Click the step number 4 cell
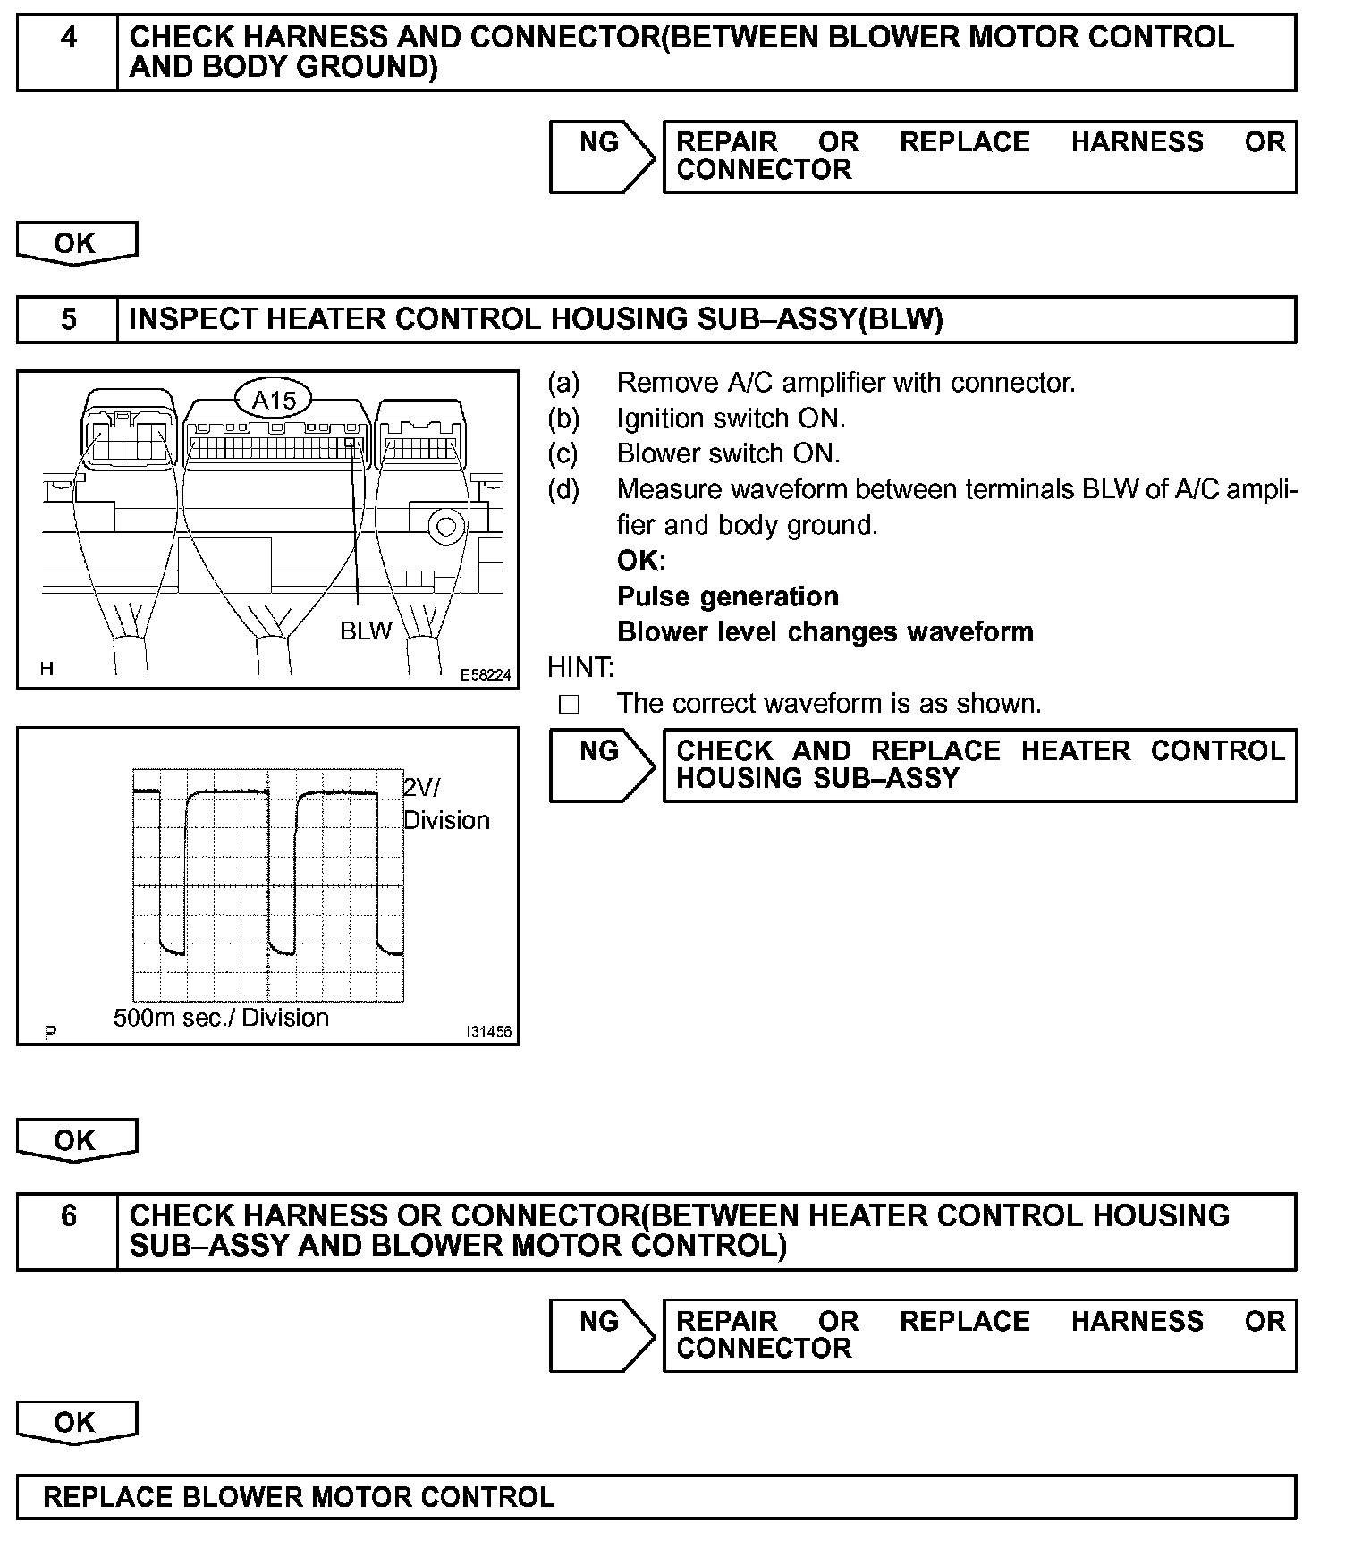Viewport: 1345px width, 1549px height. pyautogui.click(x=68, y=52)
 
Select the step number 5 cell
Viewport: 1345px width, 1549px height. pyautogui.click(x=68, y=319)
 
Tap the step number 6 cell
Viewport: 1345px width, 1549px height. pyautogui.click(x=68, y=1231)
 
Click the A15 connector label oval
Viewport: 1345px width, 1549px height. pyautogui.click(x=274, y=399)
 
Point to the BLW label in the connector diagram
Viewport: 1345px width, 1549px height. pyautogui.click(x=366, y=631)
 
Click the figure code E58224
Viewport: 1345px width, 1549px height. pyautogui.click(x=486, y=675)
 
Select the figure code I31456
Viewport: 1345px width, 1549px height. pyautogui.click(x=487, y=1032)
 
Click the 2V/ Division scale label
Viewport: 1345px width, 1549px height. pyautogui.click(x=445, y=803)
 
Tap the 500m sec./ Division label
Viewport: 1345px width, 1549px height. pyautogui.click(x=221, y=1018)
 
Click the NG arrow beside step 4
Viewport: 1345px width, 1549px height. pyautogui.click(x=603, y=157)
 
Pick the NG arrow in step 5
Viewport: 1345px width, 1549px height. pyautogui.click(x=603, y=765)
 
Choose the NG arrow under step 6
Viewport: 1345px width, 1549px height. pyautogui.click(x=603, y=1335)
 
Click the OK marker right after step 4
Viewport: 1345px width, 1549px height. pyautogui.click(x=76, y=244)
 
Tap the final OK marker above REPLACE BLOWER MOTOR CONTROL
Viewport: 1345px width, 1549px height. pyautogui.click(x=76, y=1423)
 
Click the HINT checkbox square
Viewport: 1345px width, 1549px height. pyautogui.click(x=569, y=705)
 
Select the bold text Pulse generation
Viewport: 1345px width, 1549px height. pyautogui.click(x=728, y=597)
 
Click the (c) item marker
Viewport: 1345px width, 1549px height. pyautogui.click(x=563, y=453)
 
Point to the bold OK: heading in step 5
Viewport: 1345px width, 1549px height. pyautogui.click(x=641, y=561)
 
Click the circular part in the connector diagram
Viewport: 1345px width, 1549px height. pyautogui.click(x=444, y=526)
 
